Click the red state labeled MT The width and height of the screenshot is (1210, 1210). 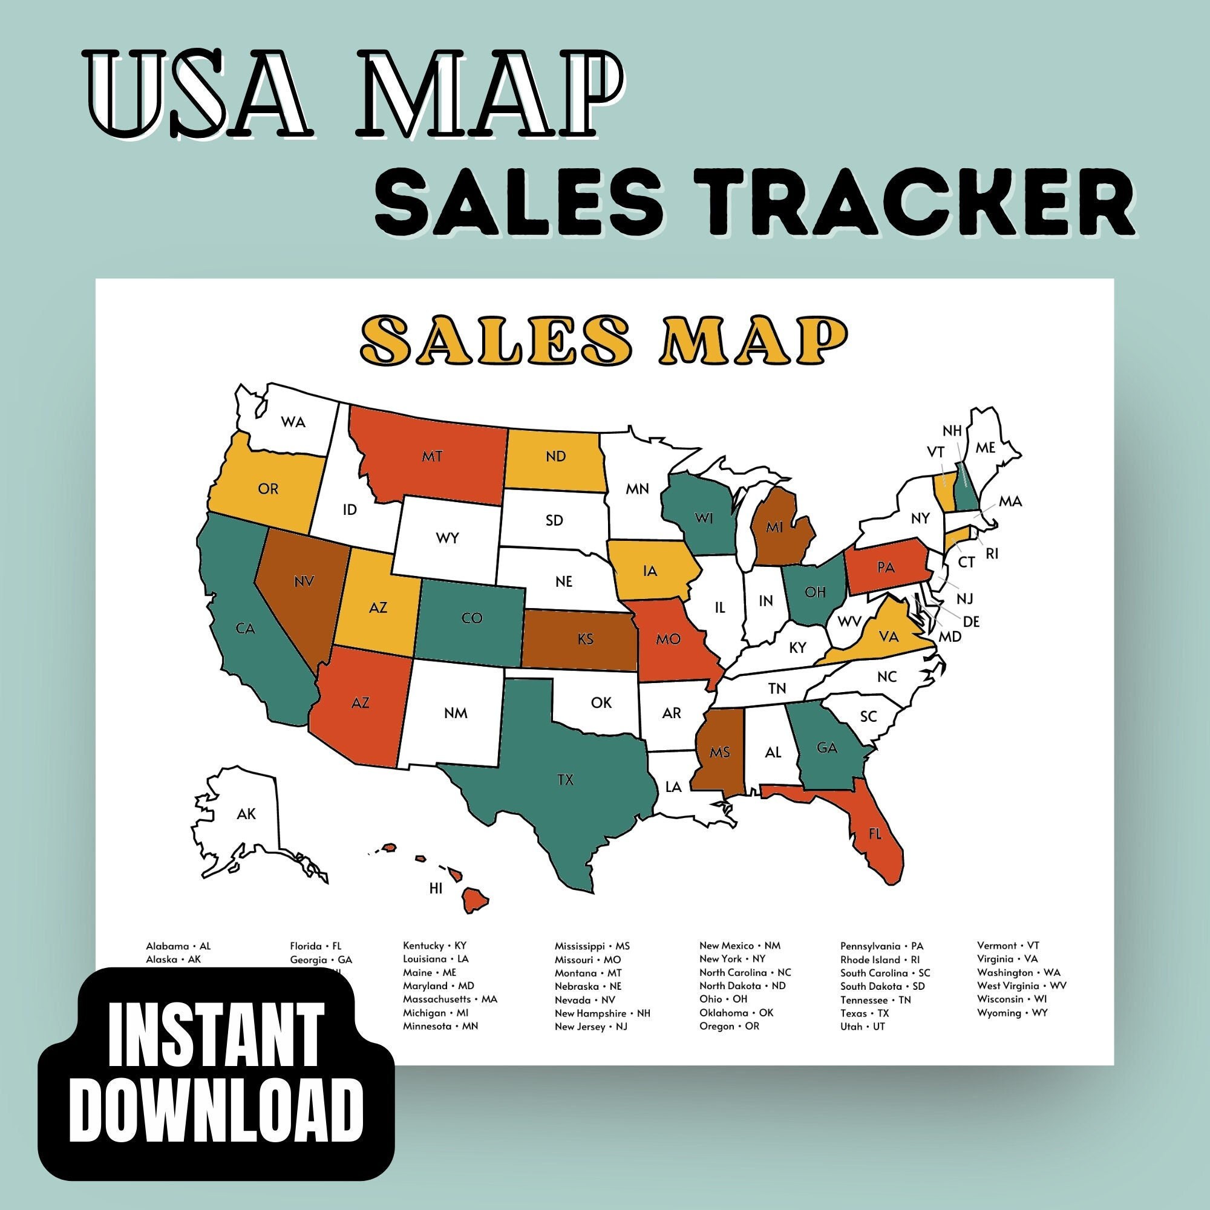click(x=432, y=457)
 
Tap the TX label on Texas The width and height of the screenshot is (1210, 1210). click(x=565, y=780)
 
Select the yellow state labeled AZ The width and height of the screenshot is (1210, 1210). click(x=378, y=607)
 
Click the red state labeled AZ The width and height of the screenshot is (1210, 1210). click(x=360, y=702)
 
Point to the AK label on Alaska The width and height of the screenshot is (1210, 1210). click(x=246, y=814)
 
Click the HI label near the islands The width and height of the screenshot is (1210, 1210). click(x=436, y=888)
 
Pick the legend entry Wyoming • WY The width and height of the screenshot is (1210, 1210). click(x=1012, y=1013)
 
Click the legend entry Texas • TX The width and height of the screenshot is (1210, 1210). click(x=865, y=1013)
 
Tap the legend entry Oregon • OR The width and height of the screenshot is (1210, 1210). click(x=729, y=1027)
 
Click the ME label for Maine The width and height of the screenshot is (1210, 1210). click(x=985, y=448)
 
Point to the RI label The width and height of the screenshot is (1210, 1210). click(x=992, y=554)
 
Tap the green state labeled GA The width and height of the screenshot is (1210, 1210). click(x=826, y=747)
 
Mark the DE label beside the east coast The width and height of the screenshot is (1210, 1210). click(x=971, y=621)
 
